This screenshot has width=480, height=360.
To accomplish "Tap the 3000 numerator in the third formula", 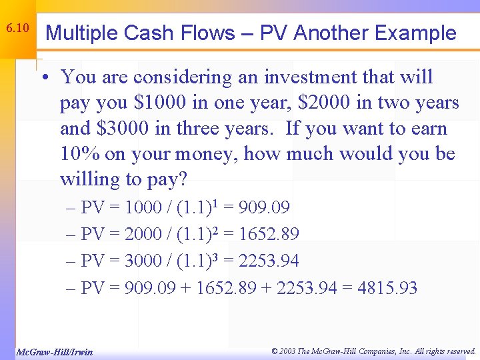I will [x=143, y=261].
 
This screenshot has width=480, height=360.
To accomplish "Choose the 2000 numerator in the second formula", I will [x=143, y=235].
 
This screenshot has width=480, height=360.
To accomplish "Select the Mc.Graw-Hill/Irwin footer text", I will [x=54, y=352].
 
